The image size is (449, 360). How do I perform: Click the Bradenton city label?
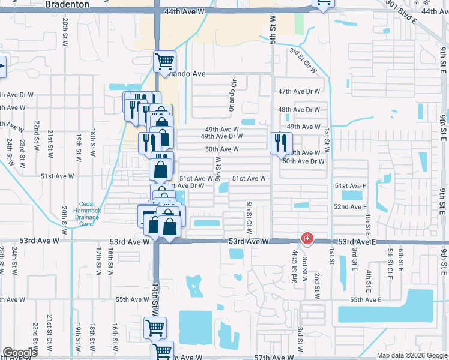67,4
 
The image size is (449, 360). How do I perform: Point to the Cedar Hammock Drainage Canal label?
89,214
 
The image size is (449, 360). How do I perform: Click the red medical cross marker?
307,239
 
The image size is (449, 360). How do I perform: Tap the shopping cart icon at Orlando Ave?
164,61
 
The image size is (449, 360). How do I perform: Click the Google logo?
20,353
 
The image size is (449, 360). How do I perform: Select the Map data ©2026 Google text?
412,355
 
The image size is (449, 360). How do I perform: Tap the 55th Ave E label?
366,299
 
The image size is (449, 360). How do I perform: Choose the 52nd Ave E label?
351,206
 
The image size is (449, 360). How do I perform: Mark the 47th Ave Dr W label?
299,91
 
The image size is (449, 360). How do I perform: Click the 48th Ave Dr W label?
299,110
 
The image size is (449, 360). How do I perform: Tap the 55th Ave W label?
131,299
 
